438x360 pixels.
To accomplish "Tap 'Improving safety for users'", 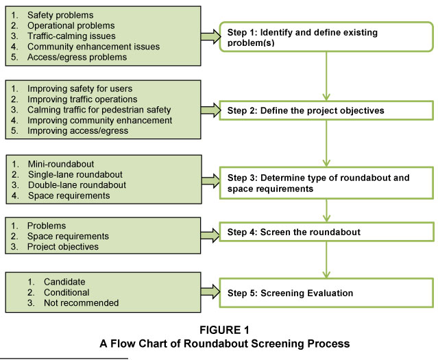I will (81, 88).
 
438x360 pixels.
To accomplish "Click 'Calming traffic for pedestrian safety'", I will (99, 110).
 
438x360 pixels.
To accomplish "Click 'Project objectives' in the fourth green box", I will (63, 247).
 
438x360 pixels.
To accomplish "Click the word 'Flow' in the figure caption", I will (151, 344).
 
